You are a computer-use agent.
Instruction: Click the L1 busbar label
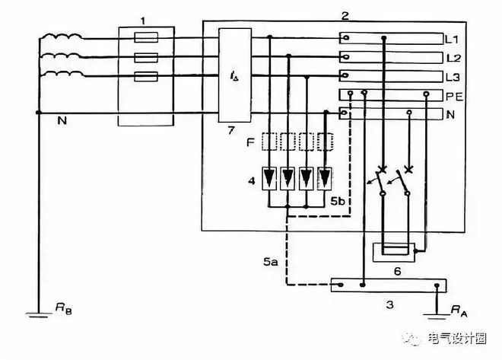pos(452,40)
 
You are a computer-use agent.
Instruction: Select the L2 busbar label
pos(453,58)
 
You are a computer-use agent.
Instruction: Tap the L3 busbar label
pos(453,77)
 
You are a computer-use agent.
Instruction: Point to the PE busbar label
pos(455,96)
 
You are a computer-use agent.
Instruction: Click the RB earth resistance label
pos(63,308)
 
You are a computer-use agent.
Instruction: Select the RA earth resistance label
pos(459,311)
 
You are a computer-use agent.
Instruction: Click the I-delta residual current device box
pos(235,75)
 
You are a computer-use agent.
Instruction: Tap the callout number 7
pos(231,130)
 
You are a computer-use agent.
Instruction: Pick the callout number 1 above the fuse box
pos(143,21)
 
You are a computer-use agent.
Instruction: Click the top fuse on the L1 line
pos(146,37)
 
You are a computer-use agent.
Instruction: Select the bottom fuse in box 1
pos(146,77)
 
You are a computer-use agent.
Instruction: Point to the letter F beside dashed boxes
pos(250,142)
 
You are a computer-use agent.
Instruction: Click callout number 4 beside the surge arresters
pos(252,181)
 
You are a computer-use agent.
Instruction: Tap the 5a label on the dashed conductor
pos(271,262)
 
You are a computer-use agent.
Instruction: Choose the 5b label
pos(338,201)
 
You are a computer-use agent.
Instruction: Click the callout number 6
pos(397,272)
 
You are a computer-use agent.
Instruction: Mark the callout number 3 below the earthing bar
pos(389,304)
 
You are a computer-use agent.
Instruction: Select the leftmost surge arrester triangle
pos(269,177)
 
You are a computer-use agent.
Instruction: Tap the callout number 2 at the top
pos(345,15)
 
